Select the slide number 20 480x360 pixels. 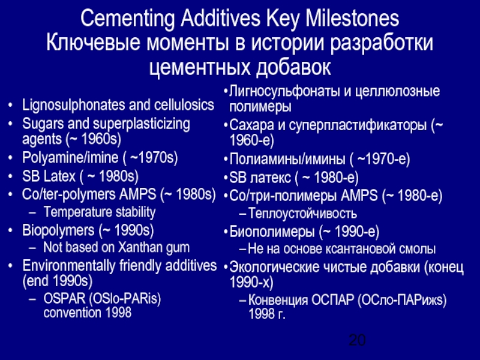357,341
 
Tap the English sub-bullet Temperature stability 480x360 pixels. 99,212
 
